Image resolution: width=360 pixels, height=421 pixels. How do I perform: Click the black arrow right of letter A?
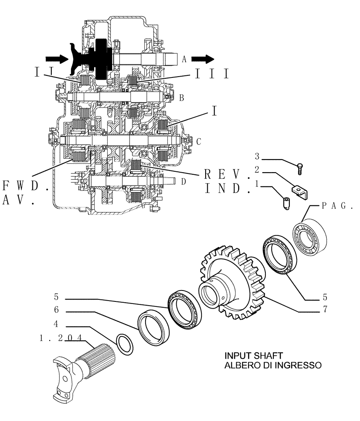[204, 59]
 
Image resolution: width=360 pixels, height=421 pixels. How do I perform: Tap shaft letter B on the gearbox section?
[181, 98]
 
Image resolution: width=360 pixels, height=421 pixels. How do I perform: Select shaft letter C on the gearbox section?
[199, 142]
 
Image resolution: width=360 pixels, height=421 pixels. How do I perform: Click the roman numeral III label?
[212, 74]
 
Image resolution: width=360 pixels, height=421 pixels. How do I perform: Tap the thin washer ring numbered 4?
[125, 343]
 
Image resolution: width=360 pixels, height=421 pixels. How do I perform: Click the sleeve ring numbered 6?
[154, 324]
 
